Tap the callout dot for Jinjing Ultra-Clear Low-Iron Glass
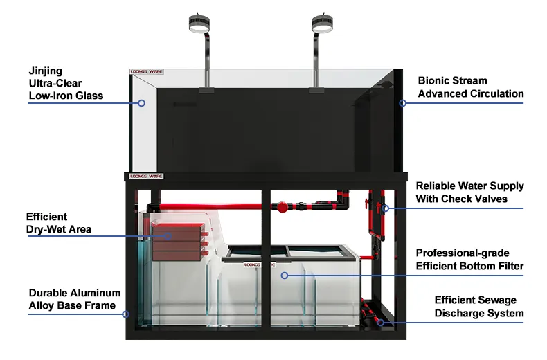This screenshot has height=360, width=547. [x=141, y=103]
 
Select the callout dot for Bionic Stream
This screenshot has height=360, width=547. [x=402, y=103]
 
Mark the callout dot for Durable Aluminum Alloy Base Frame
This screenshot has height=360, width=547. [x=125, y=314]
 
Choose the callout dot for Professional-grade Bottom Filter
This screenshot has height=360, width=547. [x=283, y=275]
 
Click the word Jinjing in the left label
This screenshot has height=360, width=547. [x=46, y=70]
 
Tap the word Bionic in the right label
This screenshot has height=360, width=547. [x=434, y=81]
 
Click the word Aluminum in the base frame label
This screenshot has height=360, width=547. [x=93, y=294]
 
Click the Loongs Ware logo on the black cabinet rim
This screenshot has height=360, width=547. [x=141, y=177]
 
